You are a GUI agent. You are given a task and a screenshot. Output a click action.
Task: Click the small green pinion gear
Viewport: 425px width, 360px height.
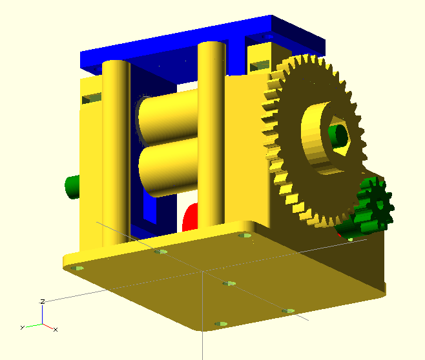(x=375, y=205)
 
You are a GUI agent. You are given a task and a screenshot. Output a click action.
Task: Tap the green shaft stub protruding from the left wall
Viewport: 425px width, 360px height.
(x=72, y=187)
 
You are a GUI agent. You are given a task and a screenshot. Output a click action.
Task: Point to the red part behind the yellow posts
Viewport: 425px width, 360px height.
(x=190, y=217)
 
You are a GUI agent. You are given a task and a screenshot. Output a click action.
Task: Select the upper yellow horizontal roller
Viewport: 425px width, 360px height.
(x=169, y=117)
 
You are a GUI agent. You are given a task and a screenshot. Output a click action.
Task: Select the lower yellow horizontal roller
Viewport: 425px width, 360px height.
(x=169, y=166)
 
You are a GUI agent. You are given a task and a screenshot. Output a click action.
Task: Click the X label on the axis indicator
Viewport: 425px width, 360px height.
(x=56, y=330)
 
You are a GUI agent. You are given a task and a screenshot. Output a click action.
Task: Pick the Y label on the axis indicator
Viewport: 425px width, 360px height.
(x=23, y=328)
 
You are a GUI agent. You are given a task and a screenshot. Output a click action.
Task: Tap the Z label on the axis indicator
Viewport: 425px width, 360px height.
(x=43, y=301)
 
